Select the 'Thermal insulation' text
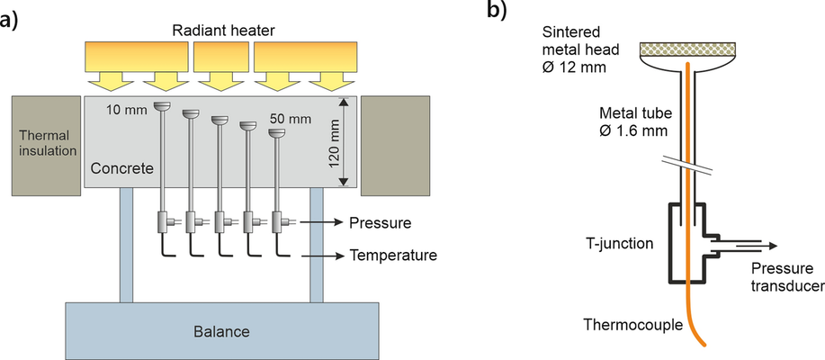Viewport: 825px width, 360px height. point(48,143)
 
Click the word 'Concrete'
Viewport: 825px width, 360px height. point(121,169)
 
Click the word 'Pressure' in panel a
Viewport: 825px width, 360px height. point(381,221)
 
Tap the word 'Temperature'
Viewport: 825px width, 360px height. point(394,255)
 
